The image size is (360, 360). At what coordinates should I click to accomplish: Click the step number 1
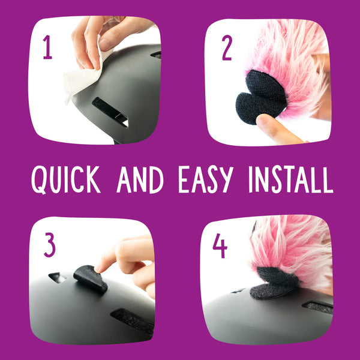47,47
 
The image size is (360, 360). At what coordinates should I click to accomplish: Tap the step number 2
227,48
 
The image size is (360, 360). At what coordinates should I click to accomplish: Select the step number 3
50,245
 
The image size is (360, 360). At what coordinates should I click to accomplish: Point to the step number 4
220,245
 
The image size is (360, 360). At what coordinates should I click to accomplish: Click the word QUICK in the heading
65,180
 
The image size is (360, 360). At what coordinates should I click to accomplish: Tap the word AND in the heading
140,179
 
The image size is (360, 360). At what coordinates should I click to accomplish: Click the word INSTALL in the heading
291,180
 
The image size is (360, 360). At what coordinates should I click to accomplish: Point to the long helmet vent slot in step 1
110,112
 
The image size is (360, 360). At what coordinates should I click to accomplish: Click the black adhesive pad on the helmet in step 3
90,279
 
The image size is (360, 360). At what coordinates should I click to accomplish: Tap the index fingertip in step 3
101,266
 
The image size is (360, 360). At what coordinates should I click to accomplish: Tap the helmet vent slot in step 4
318,307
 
